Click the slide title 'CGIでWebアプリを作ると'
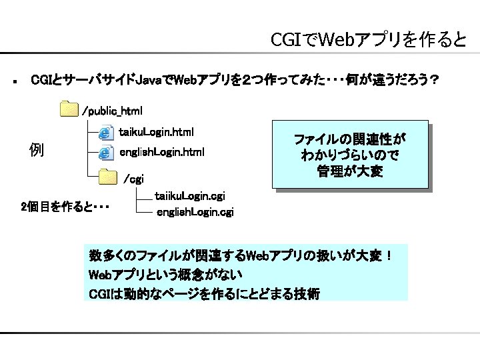369,41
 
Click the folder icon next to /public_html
68,109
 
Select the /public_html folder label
112,109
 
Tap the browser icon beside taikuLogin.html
105,131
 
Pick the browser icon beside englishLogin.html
105,153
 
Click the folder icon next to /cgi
107,177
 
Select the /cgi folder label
134,179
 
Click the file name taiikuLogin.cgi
189,196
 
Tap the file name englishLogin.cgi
195,213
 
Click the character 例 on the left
37,150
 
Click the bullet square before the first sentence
14,82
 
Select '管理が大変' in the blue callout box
350,173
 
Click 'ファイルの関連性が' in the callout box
350,140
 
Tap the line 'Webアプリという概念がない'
165,275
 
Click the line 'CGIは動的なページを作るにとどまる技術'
204,293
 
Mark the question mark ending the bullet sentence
434,81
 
